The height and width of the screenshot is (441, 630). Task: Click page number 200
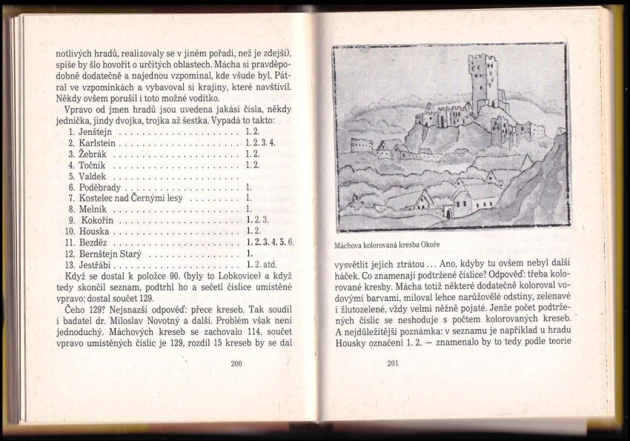pos(237,363)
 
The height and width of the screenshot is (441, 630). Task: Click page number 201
pos(393,363)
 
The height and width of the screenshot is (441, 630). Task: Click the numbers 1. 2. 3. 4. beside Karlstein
pos(259,142)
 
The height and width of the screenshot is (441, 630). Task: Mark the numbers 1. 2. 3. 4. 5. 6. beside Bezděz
pos(270,242)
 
